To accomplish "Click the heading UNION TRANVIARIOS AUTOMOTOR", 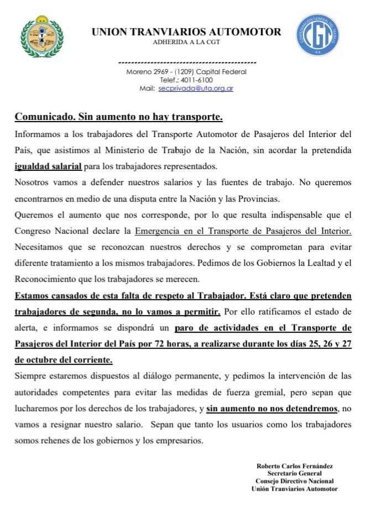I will coord(186,32).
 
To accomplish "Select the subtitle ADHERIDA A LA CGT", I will coord(186,43).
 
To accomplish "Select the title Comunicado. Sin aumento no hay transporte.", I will coord(118,117).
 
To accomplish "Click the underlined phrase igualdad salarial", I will coord(48,166).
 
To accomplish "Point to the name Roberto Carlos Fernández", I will coord(294,465).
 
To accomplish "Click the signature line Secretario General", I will coord(294,473).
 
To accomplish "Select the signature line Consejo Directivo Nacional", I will coord(294,481).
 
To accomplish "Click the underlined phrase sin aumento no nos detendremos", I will coord(271,408).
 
